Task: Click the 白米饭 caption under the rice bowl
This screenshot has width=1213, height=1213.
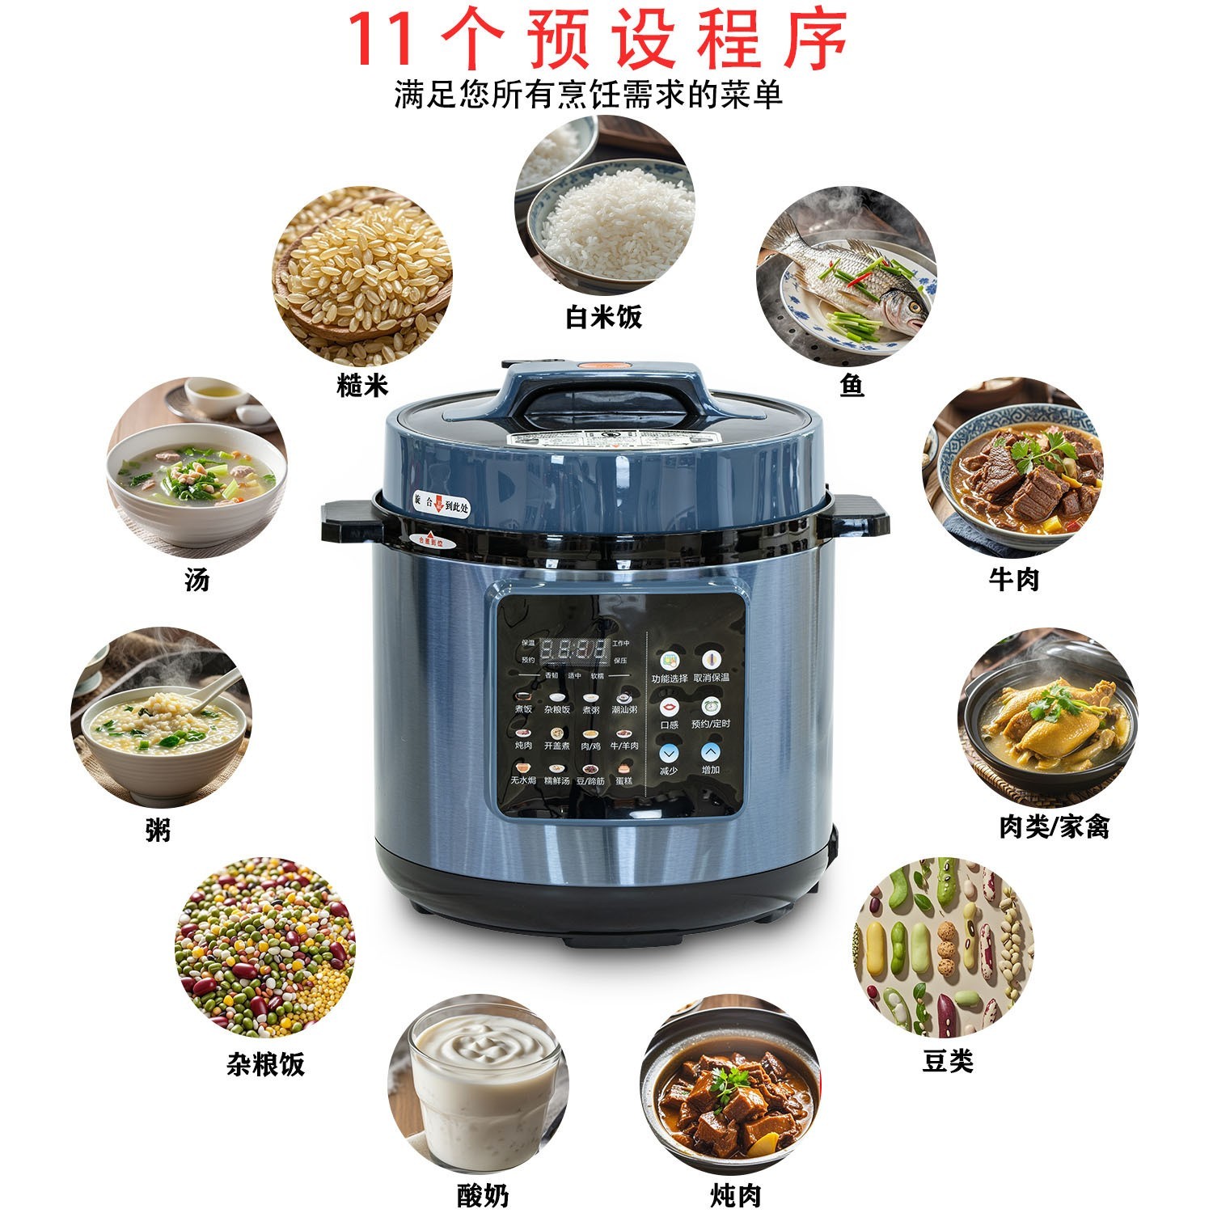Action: [603, 317]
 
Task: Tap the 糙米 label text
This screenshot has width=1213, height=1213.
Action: [362, 385]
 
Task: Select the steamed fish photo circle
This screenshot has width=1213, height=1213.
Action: [847, 276]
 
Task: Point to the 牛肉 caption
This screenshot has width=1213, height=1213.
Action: [1013, 579]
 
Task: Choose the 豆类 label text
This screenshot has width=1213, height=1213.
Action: [948, 1061]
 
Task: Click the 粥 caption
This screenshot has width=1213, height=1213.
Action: [158, 830]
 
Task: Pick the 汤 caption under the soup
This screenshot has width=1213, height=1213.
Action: [197, 579]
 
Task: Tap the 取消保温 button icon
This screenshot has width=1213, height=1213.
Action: [710, 660]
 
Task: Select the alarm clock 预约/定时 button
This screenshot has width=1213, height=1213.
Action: [710, 706]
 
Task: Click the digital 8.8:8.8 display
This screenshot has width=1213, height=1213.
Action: [573, 649]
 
